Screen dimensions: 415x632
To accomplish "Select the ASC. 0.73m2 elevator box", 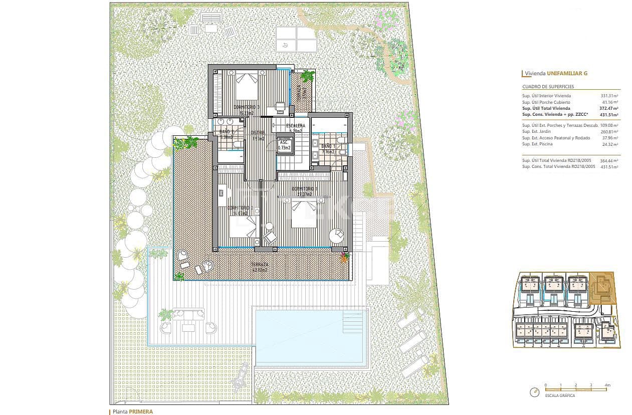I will pyautogui.click(x=284, y=145).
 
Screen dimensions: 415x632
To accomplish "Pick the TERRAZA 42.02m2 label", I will pyautogui.click(x=260, y=267).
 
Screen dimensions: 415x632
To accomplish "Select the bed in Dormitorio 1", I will pyautogui.click(x=304, y=214).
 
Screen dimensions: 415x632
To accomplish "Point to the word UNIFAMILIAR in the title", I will pyautogui.click(x=564, y=73).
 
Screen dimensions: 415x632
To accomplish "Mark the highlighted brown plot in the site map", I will pyautogui.click(x=602, y=289).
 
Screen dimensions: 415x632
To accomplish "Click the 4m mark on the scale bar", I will pyautogui.click(x=607, y=385).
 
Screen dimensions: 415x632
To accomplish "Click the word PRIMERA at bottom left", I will pyautogui.click(x=140, y=411).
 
